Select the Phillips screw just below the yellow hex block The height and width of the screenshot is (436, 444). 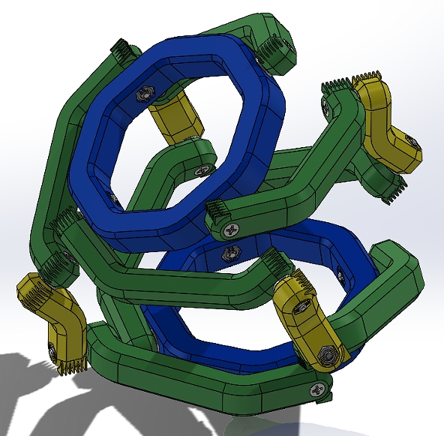[199, 170]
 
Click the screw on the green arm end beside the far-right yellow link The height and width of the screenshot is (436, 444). [328, 107]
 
